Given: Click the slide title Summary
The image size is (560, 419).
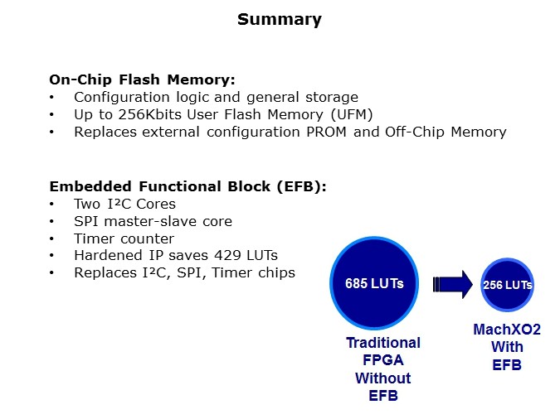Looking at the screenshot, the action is click(x=280, y=20).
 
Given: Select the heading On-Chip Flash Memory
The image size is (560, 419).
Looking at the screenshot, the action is click(x=142, y=79).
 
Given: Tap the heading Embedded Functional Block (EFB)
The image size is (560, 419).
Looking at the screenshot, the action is click(x=187, y=186).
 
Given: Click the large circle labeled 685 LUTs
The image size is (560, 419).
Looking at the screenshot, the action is click(x=374, y=282).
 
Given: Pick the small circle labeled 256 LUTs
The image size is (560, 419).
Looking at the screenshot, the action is click(x=507, y=285).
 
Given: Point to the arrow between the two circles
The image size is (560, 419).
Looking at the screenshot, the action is click(x=452, y=284).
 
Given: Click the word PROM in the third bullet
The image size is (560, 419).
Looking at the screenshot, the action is click(x=326, y=132).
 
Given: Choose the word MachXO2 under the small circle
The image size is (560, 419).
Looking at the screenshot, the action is click(x=507, y=330).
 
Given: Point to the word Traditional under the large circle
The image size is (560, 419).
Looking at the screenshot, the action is click(x=383, y=343).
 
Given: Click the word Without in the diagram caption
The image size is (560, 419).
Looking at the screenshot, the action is click(x=382, y=378).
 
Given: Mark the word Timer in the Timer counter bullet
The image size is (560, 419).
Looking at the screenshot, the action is click(x=91, y=238).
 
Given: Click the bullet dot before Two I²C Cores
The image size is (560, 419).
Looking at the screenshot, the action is click(x=51, y=204).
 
